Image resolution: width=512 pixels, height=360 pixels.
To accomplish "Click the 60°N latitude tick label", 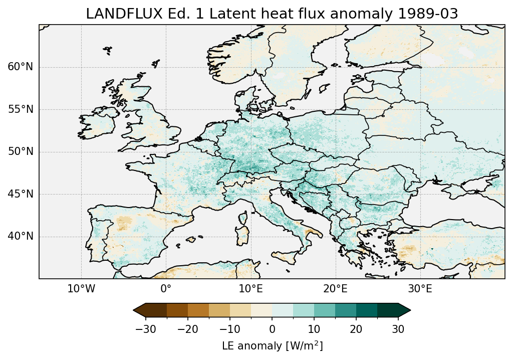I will pos(21,67).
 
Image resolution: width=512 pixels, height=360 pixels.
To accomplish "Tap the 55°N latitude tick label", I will pos(21,109).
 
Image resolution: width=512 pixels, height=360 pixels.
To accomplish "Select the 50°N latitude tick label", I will pos(21,152).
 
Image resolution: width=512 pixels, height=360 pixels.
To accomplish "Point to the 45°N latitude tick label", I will pos(21,194).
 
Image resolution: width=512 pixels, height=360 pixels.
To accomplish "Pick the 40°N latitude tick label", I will pos(21,236).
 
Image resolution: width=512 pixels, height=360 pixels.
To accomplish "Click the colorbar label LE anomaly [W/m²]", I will pos(272,346).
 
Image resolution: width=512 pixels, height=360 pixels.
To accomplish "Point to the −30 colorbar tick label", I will pos(146,329).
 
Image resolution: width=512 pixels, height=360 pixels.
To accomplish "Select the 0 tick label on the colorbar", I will pos(272,329).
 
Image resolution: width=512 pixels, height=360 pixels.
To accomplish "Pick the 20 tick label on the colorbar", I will pos(356,329).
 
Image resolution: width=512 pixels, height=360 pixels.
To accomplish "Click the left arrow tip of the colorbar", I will pos(134,311).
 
